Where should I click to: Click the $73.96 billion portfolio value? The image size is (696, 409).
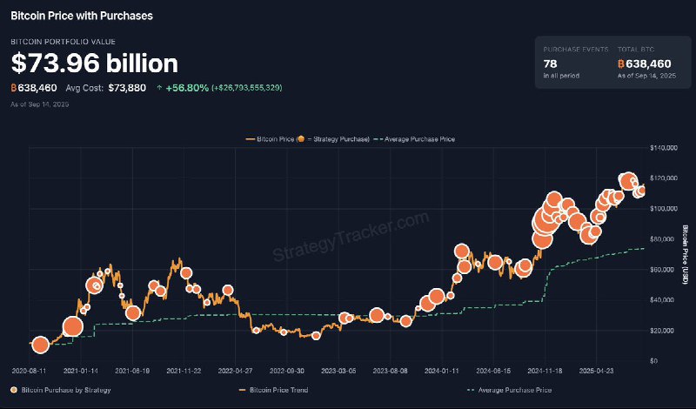pos(94,64)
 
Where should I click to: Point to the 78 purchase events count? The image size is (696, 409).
pos(552,64)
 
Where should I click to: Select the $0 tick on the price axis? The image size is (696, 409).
pos(654,361)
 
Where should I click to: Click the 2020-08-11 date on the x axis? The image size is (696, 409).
pos(30,370)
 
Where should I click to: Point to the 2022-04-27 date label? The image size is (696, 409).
pos(234,370)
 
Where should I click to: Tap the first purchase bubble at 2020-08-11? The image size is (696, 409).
pos(39,345)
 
